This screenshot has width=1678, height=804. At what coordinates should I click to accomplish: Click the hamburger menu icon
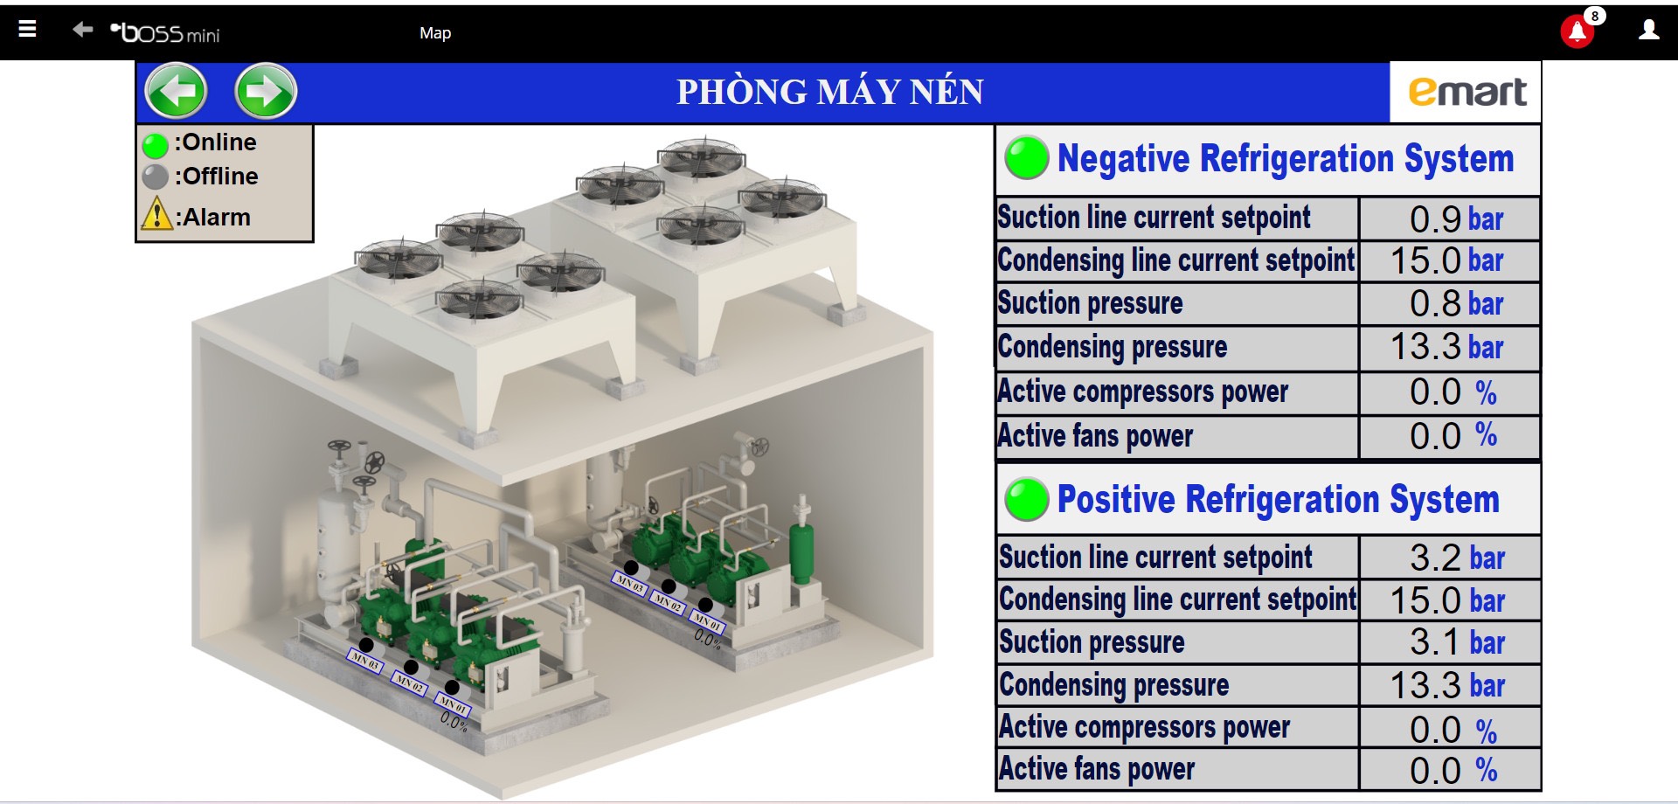(x=28, y=29)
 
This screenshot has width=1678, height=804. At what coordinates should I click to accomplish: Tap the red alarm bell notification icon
(x=1577, y=32)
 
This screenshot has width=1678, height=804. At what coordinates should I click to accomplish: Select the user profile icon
(x=1648, y=31)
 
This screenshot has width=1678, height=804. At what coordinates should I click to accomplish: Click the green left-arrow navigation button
(x=176, y=91)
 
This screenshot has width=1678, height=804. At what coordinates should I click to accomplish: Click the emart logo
(x=1467, y=92)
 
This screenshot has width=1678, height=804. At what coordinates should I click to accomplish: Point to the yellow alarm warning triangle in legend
(x=156, y=214)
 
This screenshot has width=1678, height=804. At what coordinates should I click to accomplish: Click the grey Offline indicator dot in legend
(x=156, y=177)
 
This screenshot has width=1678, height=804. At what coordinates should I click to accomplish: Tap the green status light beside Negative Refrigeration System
(x=1026, y=158)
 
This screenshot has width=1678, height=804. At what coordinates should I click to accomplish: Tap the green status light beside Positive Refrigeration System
(x=1026, y=499)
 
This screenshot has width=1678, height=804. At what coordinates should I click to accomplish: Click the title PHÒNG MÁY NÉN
(x=829, y=92)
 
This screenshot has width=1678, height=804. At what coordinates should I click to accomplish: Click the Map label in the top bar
(x=435, y=33)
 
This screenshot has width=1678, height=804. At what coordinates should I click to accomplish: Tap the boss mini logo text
(x=166, y=33)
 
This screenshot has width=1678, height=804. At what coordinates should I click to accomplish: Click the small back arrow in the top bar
(x=82, y=30)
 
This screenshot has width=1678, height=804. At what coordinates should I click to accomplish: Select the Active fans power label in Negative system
(x=1095, y=435)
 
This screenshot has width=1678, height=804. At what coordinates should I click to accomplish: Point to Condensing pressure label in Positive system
(x=1113, y=685)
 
